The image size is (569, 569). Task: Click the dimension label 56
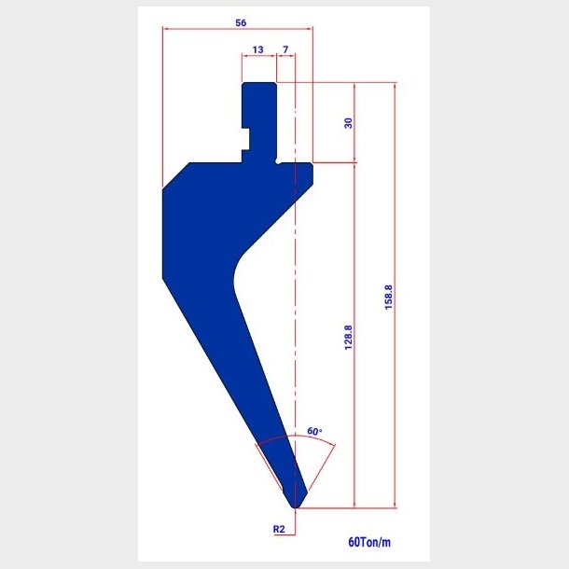(x=241, y=23)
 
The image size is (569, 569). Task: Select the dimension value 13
(x=257, y=49)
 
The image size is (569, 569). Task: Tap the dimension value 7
(x=285, y=49)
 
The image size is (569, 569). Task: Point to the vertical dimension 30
(x=348, y=123)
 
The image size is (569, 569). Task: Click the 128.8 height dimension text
(x=348, y=338)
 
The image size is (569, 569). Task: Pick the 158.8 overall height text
(x=389, y=297)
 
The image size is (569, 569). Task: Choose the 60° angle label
(x=314, y=431)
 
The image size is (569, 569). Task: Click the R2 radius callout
(x=279, y=529)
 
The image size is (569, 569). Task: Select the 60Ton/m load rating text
(x=369, y=542)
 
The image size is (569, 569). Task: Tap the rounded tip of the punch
(x=296, y=506)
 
